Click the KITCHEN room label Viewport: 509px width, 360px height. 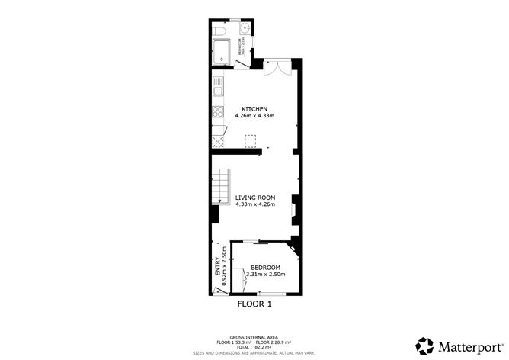click(x=254, y=108)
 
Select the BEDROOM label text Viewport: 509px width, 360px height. click(x=265, y=267)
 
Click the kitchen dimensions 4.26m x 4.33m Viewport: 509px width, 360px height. click(x=254, y=116)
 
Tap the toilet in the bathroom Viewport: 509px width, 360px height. click(x=219, y=31)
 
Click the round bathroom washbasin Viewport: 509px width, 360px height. click(x=244, y=30)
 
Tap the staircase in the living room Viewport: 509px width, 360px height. click(x=221, y=185)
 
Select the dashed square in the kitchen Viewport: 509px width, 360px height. click(x=248, y=140)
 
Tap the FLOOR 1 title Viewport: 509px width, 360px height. click(x=254, y=303)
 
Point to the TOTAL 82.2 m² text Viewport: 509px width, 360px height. click(x=254, y=346)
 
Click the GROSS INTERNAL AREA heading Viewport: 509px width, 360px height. click(x=254, y=336)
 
